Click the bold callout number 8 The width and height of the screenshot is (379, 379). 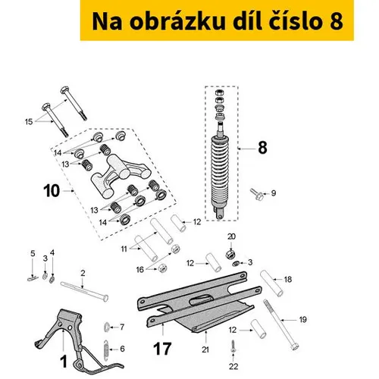pyautogui.click(x=262, y=148)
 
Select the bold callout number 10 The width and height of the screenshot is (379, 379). pyautogui.click(x=52, y=191)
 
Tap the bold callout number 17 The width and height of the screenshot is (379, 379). pyautogui.click(x=162, y=349)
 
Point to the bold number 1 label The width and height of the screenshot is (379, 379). pyautogui.click(x=64, y=362)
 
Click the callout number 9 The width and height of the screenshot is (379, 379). pyautogui.click(x=274, y=193)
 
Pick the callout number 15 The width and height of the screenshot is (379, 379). pyautogui.click(x=29, y=122)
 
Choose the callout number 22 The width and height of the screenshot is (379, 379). pyautogui.click(x=233, y=366)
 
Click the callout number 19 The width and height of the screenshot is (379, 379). pyautogui.click(x=302, y=320)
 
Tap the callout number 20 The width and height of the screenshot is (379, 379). pyautogui.click(x=231, y=236)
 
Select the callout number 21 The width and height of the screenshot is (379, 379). pyautogui.click(x=205, y=349)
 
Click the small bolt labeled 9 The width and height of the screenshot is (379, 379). pyautogui.click(x=257, y=194)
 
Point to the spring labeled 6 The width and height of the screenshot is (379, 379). pyautogui.click(x=106, y=349)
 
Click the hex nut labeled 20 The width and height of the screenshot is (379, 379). pyautogui.click(x=230, y=254)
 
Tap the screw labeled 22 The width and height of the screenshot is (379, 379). pyautogui.click(x=233, y=347)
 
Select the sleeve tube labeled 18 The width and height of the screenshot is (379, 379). pyautogui.click(x=271, y=283)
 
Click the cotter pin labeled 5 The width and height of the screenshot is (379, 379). pyautogui.click(x=33, y=278)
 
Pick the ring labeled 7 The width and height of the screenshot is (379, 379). pyautogui.click(x=106, y=327)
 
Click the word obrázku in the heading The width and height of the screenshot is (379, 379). pyautogui.click(x=177, y=21)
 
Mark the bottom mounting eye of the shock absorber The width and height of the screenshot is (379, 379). pyautogui.click(x=219, y=215)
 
